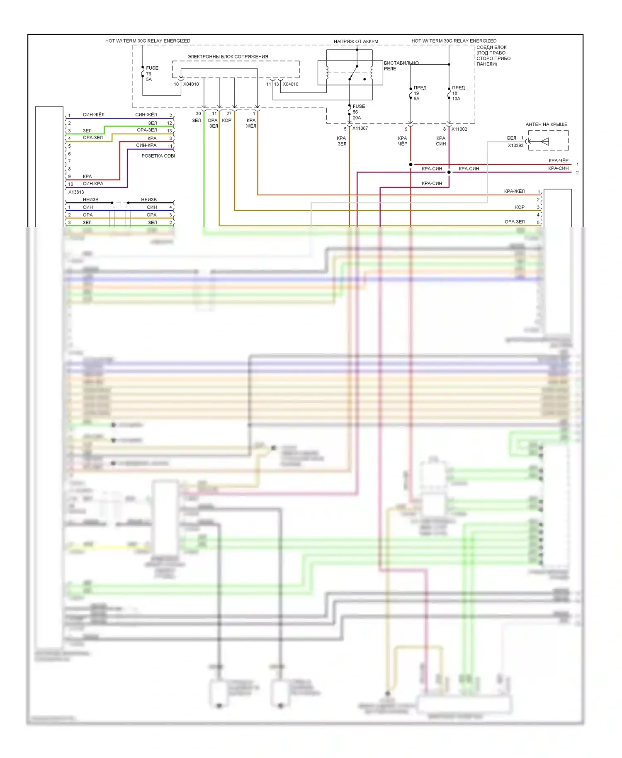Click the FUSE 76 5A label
151,73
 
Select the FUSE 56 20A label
358,112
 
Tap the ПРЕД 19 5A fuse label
419,93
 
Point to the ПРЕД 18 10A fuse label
458,93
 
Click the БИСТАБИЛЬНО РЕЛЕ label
401,66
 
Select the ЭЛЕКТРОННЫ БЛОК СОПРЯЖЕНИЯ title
228,56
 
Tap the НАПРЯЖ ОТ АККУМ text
356,41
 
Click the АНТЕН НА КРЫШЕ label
546,124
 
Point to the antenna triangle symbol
545,141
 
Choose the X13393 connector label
515,146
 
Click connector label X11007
360,129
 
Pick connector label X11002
459,129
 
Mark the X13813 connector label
76,192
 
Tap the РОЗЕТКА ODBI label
158,156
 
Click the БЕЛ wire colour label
511,138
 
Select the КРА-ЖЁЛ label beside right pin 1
514,191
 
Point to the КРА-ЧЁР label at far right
558,160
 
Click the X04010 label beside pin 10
191,84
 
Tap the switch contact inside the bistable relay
353,72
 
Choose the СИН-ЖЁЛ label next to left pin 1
93,115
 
